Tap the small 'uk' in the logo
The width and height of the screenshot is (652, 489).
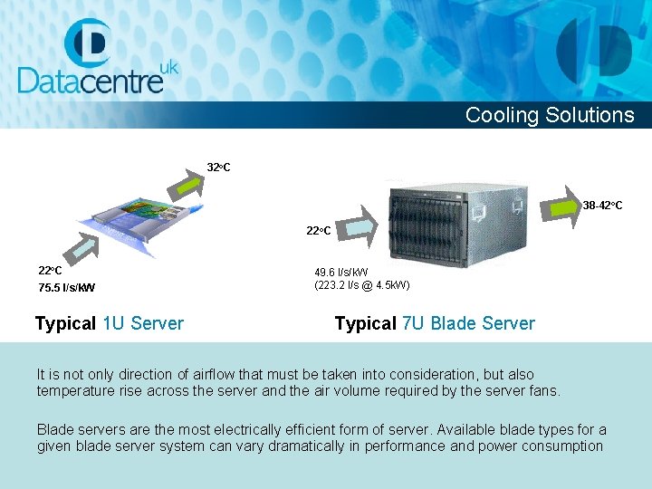coord(168,67)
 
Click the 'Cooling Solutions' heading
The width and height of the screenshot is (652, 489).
coord(550,115)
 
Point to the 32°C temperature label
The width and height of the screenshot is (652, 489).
coord(218,167)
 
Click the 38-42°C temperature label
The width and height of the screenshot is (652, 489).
coord(602,206)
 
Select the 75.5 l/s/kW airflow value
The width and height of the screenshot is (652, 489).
coord(67,288)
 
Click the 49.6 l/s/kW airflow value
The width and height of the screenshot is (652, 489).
coord(341,272)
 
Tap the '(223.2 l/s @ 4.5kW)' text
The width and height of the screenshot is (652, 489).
coord(362,285)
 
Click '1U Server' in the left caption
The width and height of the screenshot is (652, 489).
coord(143,323)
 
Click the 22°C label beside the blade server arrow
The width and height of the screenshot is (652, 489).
coord(318,231)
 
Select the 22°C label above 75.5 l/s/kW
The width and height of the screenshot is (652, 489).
coord(50,270)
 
